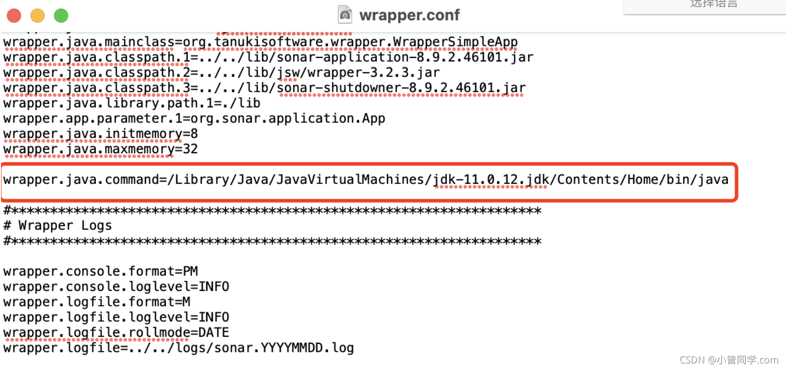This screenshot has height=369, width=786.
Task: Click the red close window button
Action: pyautogui.click(x=14, y=16)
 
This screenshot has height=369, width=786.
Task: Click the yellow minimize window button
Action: pyautogui.click(x=37, y=16)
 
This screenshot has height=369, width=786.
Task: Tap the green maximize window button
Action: pyautogui.click(x=61, y=16)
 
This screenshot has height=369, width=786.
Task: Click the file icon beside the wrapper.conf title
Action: pyautogui.click(x=345, y=15)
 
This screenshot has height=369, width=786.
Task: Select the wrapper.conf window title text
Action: pyautogui.click(x=409, y=15)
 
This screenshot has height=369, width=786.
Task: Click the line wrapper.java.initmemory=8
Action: pyautogui.click(x=100, y=134)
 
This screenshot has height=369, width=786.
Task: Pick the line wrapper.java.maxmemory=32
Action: pyautogui.click(x=100, y=150)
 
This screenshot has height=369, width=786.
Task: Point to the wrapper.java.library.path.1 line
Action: pyautogui.click(x=132, y=103)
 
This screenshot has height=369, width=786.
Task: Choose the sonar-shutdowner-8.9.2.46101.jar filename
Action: pyautogui.click(x=402, y=88)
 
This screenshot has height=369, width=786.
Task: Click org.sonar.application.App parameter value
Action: pyautogui.click(x=288, y=119)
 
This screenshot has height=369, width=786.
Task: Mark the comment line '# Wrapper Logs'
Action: pyautogui.click(x=58, y=225)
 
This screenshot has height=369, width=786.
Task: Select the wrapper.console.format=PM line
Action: pyautogui.click(x=100, y=272)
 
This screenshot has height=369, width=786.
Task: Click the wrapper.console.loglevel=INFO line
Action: pyautogui.click(x=116, y=287)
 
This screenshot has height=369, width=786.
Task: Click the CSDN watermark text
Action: pyautogui.click(x=728, y=359)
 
